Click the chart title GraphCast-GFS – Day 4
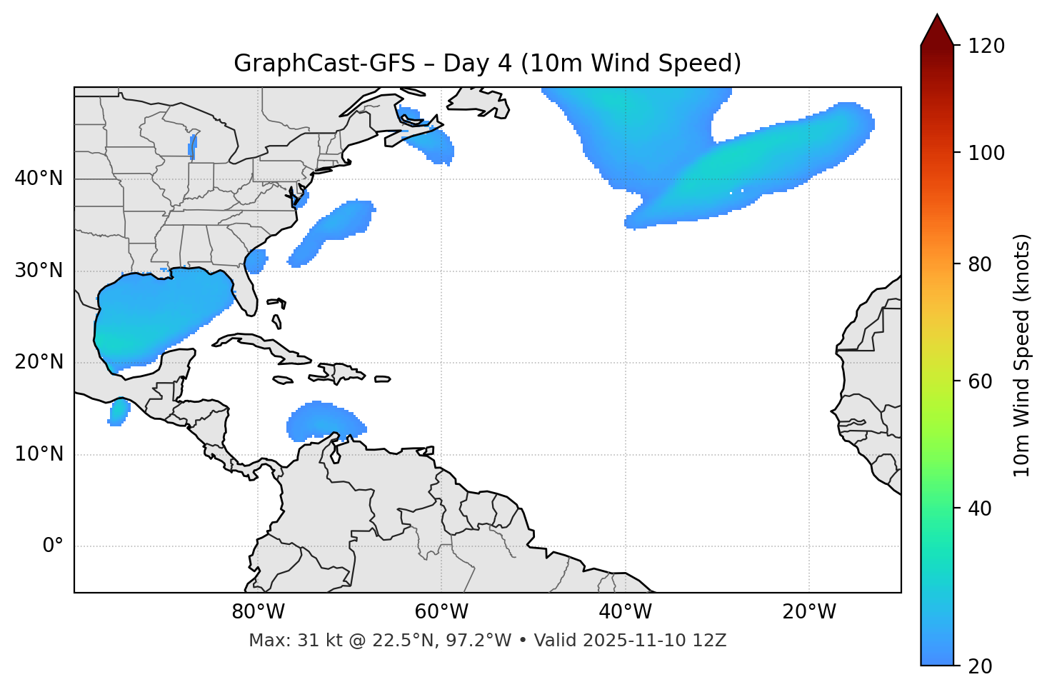(487, 64)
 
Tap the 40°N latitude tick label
(39, 179)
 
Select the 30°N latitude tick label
(39, 271)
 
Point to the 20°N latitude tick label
(39, 362)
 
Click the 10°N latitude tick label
(39, 454)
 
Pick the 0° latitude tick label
(53, 546)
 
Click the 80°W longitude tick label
(258, 612)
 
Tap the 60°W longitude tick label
(441, 612)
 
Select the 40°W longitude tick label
(625, 612)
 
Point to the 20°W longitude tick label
(808, 612)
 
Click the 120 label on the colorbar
(986, 46)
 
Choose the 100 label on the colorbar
(986, 153)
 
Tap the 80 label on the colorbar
(981, 264)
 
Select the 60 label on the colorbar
(981, 381)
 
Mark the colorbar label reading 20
(981, 666)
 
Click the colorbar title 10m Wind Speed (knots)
(1022, 355)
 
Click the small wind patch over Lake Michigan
(192, 146)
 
